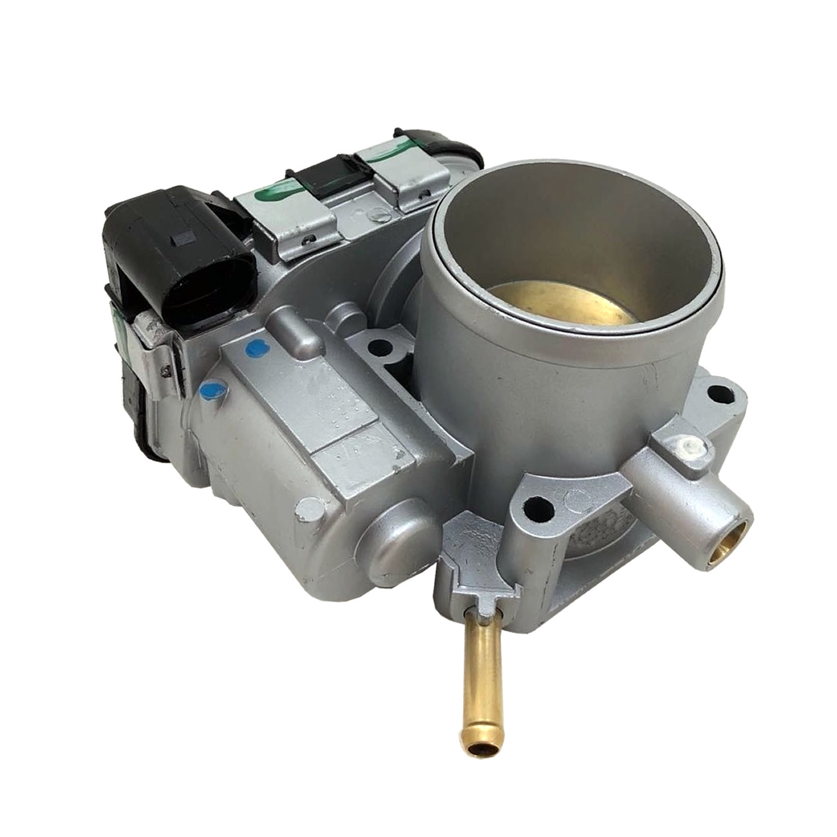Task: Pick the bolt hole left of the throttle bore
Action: tap(381, 348)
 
